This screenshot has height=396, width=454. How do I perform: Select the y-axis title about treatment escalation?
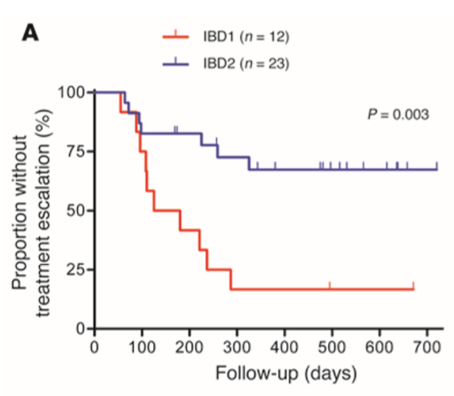click(30, 209)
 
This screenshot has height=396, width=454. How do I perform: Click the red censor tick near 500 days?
click(330, 285)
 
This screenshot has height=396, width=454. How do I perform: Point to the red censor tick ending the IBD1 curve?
click(413, 285)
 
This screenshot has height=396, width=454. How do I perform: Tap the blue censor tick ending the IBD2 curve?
click(438, 166)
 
